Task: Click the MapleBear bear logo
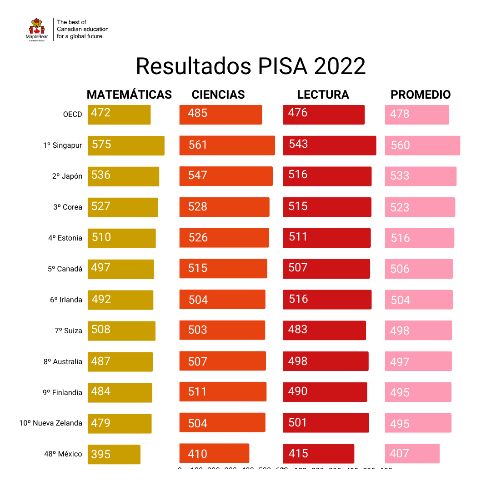point(37,29)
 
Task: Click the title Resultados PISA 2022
point(251,66)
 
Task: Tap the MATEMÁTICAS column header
point(129,95)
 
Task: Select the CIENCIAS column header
point(218,95)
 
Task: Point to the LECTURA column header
point(323,95)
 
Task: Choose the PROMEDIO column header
point(421,95)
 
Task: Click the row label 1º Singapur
point(63,145)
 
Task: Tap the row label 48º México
point(63,454)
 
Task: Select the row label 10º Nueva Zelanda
point(51,423)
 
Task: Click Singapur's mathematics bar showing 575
point(126,145)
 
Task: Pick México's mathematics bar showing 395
point(114,454)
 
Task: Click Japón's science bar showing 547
point(226,176)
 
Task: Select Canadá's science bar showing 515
point(223,268)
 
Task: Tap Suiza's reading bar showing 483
point(324,330)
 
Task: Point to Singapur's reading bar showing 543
point(330,145)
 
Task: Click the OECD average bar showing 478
point(417,115)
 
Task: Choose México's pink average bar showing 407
point(412,453)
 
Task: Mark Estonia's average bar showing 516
point(420,238)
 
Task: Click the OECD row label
point(72,114)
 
